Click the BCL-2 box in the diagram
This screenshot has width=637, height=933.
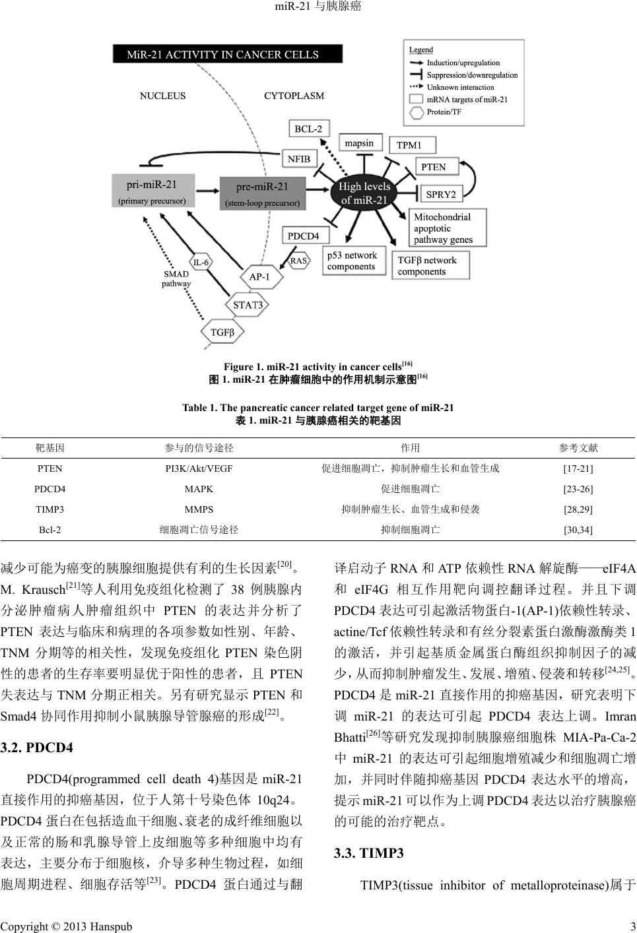coord(308,129)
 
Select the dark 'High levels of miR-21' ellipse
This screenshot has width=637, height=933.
coord(364,193)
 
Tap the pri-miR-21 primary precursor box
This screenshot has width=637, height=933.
coord(152,191)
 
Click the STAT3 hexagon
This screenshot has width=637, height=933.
coord(248,305)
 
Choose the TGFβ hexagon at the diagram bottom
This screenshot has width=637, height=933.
coord(222,333)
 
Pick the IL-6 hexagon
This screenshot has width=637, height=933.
coord(201,262)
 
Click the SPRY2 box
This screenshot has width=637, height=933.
coord(440,195)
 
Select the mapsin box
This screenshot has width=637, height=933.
coord(359,143)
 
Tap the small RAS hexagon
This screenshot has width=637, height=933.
coord(298,261)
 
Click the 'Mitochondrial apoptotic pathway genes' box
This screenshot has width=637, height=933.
coord(448,228)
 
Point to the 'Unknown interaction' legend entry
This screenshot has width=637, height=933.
coord(460,87)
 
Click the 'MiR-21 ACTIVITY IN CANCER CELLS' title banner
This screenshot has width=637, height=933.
coord(227,54)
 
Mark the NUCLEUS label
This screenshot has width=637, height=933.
coord(162,96)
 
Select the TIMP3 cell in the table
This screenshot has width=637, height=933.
coord(50,509)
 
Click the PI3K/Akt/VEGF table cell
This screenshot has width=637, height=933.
coord(199,468)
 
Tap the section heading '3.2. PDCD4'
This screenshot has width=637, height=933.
coord(37,748)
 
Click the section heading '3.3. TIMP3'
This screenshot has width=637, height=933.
coord(369,853)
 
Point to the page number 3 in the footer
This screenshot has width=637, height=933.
coord(632,926)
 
